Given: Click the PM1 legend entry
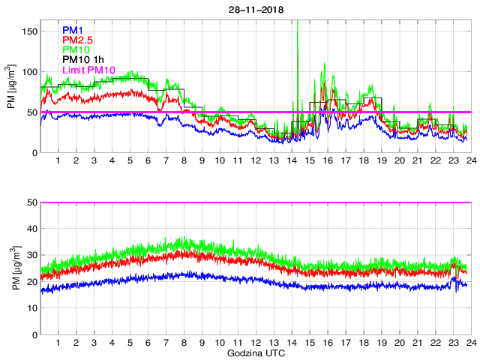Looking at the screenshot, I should (73, 30).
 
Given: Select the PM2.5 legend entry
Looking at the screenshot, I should (77, 40).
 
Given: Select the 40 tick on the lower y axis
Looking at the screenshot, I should (32, 229).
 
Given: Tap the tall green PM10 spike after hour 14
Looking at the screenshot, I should (298, 45).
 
